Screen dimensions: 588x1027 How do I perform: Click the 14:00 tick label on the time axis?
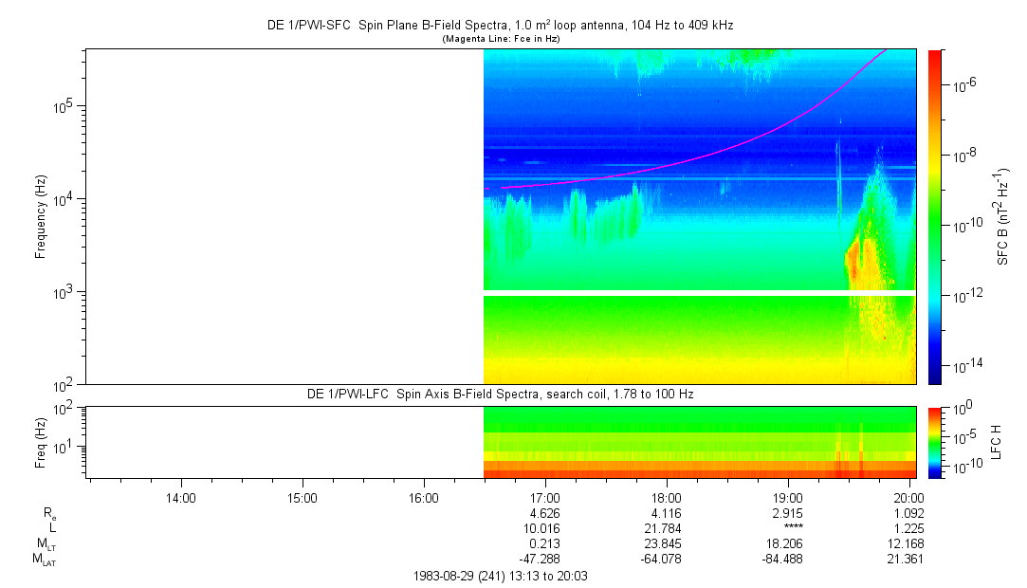point(180,497)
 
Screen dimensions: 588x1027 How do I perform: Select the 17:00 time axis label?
point(545,497)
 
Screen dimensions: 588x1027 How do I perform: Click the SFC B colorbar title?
point(1003,216)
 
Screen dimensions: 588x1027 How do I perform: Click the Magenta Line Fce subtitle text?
point(501,38)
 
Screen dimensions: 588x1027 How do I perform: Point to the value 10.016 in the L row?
point(545,527)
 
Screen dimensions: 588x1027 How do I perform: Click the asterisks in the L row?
point(788,527)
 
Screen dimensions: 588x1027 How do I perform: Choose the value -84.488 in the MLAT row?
point(788,558)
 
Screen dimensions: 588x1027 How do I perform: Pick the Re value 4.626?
point(545,512)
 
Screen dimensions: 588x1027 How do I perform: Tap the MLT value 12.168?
point(908,542)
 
